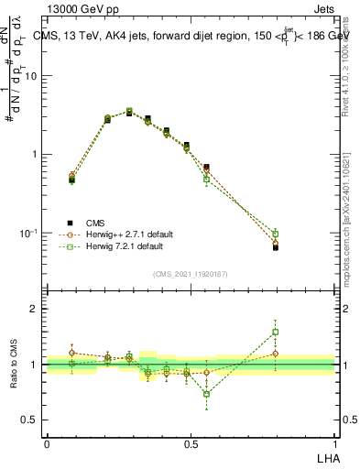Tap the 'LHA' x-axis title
point(326,456)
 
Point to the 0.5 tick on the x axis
point(191,442)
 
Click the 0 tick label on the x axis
point(47,442)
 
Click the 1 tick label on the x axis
point(334,442)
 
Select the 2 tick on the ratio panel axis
point(36,309)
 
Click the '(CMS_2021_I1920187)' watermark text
point(191,273)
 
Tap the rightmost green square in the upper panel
point(275,234)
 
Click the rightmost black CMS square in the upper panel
point(275,247)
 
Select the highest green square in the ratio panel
point(275,332)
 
